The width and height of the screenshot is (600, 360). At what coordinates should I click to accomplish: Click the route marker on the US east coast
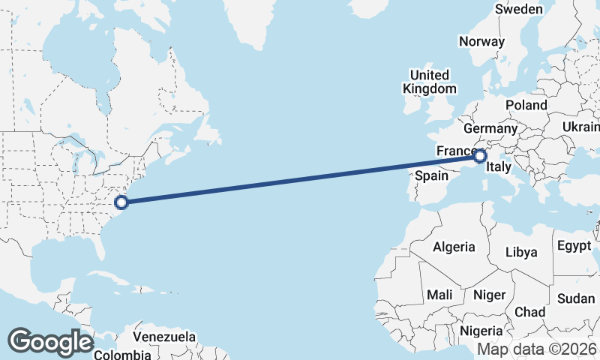tap(121, 201)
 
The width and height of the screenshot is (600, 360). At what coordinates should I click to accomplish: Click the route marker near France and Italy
tap(480, 156)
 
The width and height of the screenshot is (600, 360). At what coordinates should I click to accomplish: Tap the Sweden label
tap(518, 9)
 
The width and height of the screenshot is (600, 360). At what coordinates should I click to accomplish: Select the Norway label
tap(481, 41)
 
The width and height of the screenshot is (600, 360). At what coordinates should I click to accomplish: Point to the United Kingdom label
tap(429, 82)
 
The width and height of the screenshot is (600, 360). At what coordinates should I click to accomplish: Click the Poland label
tap(526, 105)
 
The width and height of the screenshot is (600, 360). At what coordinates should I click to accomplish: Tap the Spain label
tap(431, 176)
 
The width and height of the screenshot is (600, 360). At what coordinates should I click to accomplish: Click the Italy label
tap(499, 169)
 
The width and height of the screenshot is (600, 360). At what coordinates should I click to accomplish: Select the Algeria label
tap(454, 246)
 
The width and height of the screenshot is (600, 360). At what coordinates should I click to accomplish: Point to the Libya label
tap(522, 252)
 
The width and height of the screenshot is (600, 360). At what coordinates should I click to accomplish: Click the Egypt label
tap(574, 245)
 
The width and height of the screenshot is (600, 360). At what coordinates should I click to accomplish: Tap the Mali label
tap(439, 295)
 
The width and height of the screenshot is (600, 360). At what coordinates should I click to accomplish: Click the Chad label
tap(530, 311)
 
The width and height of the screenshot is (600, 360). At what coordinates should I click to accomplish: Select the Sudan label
tap(576, 298)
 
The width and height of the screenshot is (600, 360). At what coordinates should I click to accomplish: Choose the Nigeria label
tap(481, 330)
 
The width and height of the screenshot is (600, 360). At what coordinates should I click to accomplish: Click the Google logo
tap(50, 342)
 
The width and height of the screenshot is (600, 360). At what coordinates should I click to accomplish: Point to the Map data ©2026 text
tap(537, 349)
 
